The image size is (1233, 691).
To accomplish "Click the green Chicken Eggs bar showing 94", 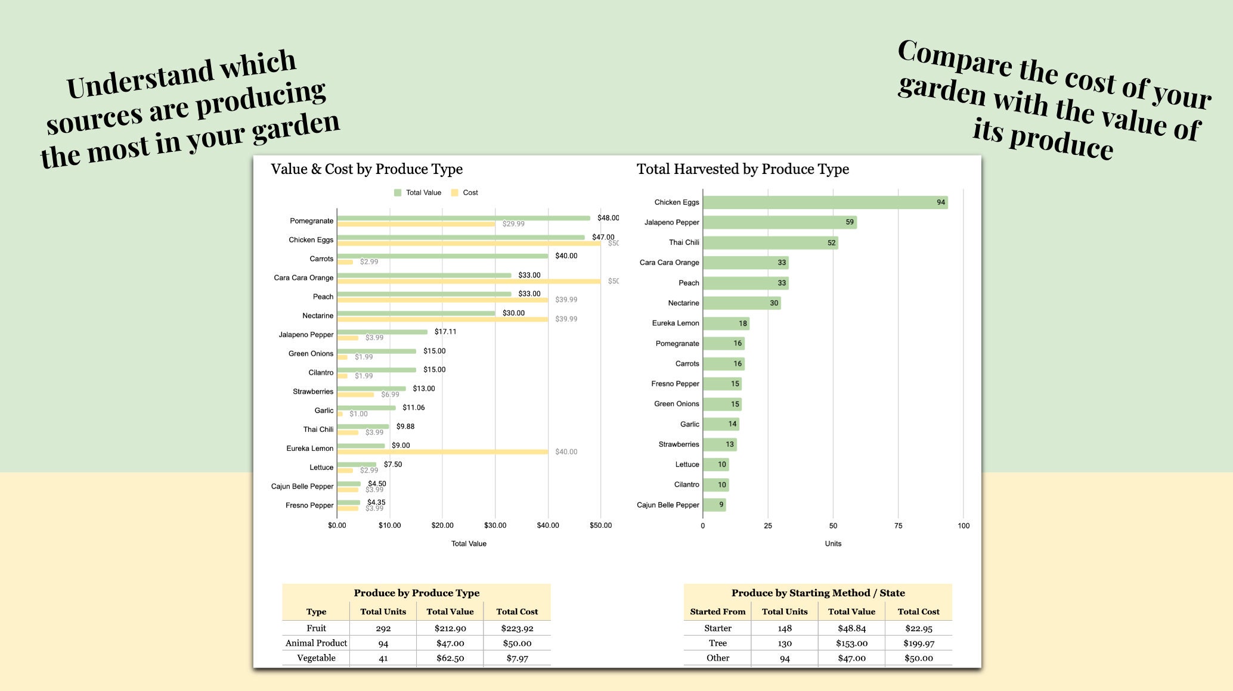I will [x=825, y=203].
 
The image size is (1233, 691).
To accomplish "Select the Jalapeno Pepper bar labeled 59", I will [x=779, y=222].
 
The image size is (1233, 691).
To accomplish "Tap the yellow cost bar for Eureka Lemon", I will [x=442, y=452].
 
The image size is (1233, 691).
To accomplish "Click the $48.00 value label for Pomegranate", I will [x=608, y=218].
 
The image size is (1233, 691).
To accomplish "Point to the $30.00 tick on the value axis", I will [x=495, y=525].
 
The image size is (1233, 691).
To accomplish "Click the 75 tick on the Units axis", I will [x=898, y=525].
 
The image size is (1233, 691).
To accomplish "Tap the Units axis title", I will [x=833, y=543].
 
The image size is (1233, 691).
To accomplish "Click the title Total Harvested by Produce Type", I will [x=742, y=169].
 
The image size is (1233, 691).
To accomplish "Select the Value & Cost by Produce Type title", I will [x=367, y=169].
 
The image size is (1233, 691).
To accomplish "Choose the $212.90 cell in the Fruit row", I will [x=450, y=628].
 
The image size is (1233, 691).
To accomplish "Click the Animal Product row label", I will [x=316, y=643].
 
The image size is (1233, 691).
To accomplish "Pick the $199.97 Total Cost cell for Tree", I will [x=918, y=643].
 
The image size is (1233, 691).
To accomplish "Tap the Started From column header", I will [x=717, y=612].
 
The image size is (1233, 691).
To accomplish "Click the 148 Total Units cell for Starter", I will [x=785, y=628].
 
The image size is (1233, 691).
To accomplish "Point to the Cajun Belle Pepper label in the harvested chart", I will [x=668, y=505].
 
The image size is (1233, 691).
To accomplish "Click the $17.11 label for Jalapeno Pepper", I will [x=445, y=332].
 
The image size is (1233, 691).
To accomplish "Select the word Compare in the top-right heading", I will [x=954, y=60].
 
